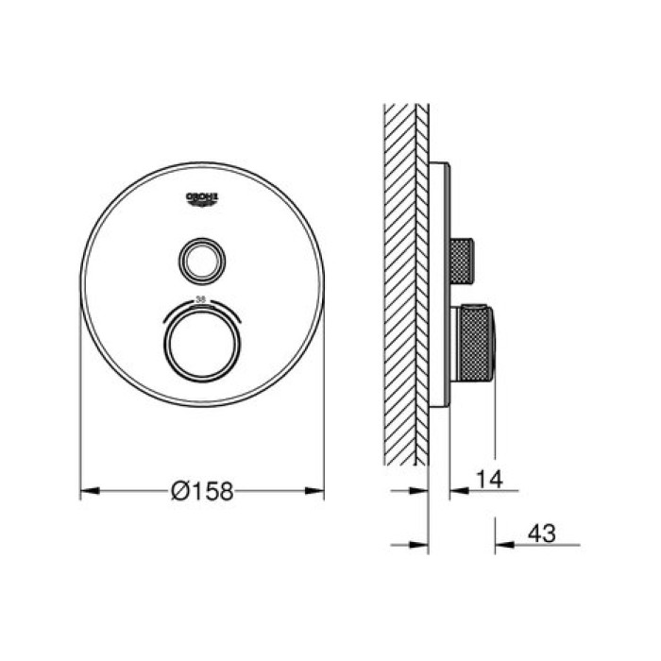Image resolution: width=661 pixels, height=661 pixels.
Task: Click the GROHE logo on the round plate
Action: pyautogui.click(x=203, y=198)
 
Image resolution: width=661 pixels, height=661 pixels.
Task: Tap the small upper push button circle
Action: pyautogui.click(x=202, y=260)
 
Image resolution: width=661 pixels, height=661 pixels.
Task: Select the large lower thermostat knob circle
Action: pyautogui.click(x=202, y=343)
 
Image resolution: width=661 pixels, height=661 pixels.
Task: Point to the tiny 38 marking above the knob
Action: pyautogui.click(x=200, y=298)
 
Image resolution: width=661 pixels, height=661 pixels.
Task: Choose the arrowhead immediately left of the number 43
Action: pyautogui.click(x=502, y=545)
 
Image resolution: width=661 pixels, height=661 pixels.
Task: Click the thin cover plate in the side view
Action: pyautogui.click(x=439, y=283)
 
